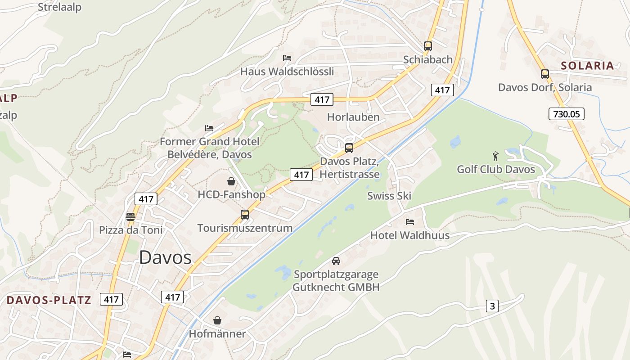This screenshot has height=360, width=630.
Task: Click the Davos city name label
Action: tap(165, 257)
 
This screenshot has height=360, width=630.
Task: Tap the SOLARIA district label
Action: tap(587, 65)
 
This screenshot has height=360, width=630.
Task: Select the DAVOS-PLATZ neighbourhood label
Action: tap(49, 300)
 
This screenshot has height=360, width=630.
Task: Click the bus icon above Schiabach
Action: tap(428, 46)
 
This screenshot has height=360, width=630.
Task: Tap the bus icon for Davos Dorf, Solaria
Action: tap(545, 74)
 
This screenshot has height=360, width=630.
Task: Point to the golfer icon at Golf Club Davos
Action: tap(495, 157)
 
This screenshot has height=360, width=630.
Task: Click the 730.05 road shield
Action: tap(566, 114)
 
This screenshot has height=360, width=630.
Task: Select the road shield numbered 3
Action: tap(492, 306)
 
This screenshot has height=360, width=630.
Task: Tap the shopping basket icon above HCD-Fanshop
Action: tap(231, 181)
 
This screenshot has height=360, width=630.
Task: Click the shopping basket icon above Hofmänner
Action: tap(217, 320)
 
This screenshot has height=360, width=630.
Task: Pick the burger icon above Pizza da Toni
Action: tap(130, 216)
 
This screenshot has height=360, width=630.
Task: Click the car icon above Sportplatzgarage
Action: tap(336, 261)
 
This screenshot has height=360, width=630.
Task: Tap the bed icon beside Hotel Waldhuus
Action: tap(410, 221)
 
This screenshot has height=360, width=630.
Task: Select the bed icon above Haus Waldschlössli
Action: tap(287, 58)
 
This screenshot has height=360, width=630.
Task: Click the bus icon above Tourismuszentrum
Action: tap(245, 214)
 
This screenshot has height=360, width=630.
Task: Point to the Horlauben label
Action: tap(353, 117)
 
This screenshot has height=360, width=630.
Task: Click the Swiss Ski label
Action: tap(389, 196)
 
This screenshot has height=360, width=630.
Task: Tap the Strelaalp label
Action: tap(59, 7)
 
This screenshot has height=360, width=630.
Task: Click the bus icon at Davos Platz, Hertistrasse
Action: tap(349, 148)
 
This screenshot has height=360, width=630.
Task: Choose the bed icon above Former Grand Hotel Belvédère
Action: tap(209, 128)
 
